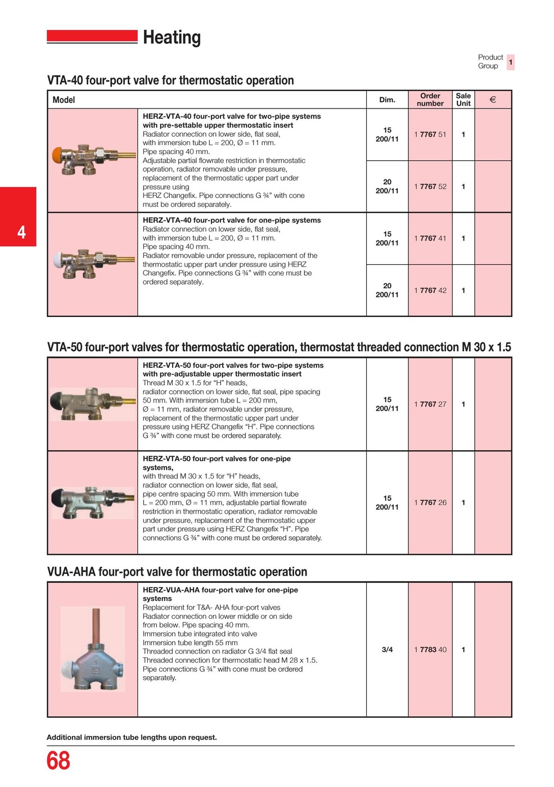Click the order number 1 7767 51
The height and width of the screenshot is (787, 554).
point(430,134)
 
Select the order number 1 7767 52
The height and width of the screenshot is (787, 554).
point(430,187)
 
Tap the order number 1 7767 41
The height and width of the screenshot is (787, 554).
point(430,238)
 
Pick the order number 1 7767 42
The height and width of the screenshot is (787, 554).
point(430,290)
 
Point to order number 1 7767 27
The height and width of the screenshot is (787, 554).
point(430,404)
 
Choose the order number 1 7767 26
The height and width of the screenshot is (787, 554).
point(430,503)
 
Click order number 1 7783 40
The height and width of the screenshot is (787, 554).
point(430,650)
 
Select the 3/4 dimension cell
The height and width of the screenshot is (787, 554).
point(387,650)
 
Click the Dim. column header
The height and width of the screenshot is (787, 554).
point(387,100)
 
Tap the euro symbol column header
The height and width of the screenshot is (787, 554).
point(493,100)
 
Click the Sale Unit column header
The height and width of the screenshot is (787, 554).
point(463,99)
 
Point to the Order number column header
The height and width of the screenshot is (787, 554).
point(430,99)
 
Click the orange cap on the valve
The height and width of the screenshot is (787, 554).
point(58,155)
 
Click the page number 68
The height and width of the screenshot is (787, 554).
point(58,761)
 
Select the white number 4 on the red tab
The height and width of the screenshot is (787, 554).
point(21,232)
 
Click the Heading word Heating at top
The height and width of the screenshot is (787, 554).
point(172,38)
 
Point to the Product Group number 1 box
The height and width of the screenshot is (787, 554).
point(511,62)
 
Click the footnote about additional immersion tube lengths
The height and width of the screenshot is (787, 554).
point(132,737)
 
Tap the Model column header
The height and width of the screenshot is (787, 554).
point(64,100)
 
